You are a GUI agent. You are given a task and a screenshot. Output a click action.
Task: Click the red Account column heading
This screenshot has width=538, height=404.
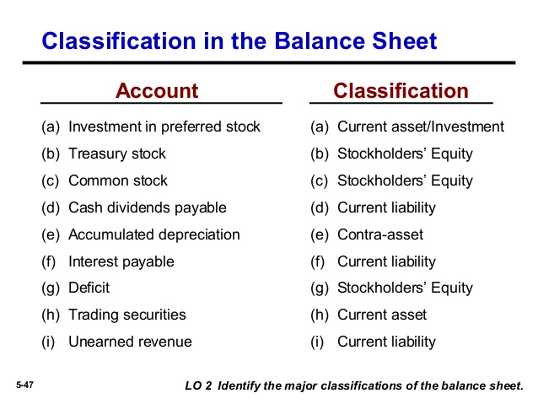pos(157,90)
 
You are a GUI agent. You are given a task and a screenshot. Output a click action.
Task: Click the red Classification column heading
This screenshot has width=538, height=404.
pos(401,90)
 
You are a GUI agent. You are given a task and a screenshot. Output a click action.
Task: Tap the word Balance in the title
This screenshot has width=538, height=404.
pos(320,40)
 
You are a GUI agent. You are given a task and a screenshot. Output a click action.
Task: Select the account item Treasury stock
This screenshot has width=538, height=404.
pos(117,154)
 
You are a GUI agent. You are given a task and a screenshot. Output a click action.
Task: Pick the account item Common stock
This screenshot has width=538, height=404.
pos(118,180)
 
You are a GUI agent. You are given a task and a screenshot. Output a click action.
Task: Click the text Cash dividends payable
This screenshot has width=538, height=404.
pos(148,207)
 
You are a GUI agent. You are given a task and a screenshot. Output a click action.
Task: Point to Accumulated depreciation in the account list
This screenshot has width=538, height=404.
pos(154,234)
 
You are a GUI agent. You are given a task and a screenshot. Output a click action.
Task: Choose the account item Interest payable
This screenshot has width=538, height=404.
pos(121,261)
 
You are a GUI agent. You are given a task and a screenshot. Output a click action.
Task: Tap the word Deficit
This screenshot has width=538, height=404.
pos(89,288)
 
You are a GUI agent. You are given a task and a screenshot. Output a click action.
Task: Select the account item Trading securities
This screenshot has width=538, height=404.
pos(127,315)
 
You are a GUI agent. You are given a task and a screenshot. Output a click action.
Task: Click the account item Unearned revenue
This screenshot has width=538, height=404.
pos(131,342)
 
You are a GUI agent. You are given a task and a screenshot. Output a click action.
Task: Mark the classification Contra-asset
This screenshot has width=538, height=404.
pos(380,234)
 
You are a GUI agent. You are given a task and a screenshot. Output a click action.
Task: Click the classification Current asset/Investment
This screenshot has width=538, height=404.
pos(421,127)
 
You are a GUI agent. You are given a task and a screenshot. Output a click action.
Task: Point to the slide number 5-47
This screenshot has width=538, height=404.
pos(24,385)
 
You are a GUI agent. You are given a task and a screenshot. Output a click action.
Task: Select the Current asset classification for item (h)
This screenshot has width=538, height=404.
pos(382,315)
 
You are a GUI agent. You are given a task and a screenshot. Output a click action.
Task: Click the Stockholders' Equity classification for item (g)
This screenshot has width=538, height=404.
pos(405,288)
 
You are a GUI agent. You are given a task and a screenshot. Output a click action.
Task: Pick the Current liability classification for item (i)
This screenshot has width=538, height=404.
pos(386,342)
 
